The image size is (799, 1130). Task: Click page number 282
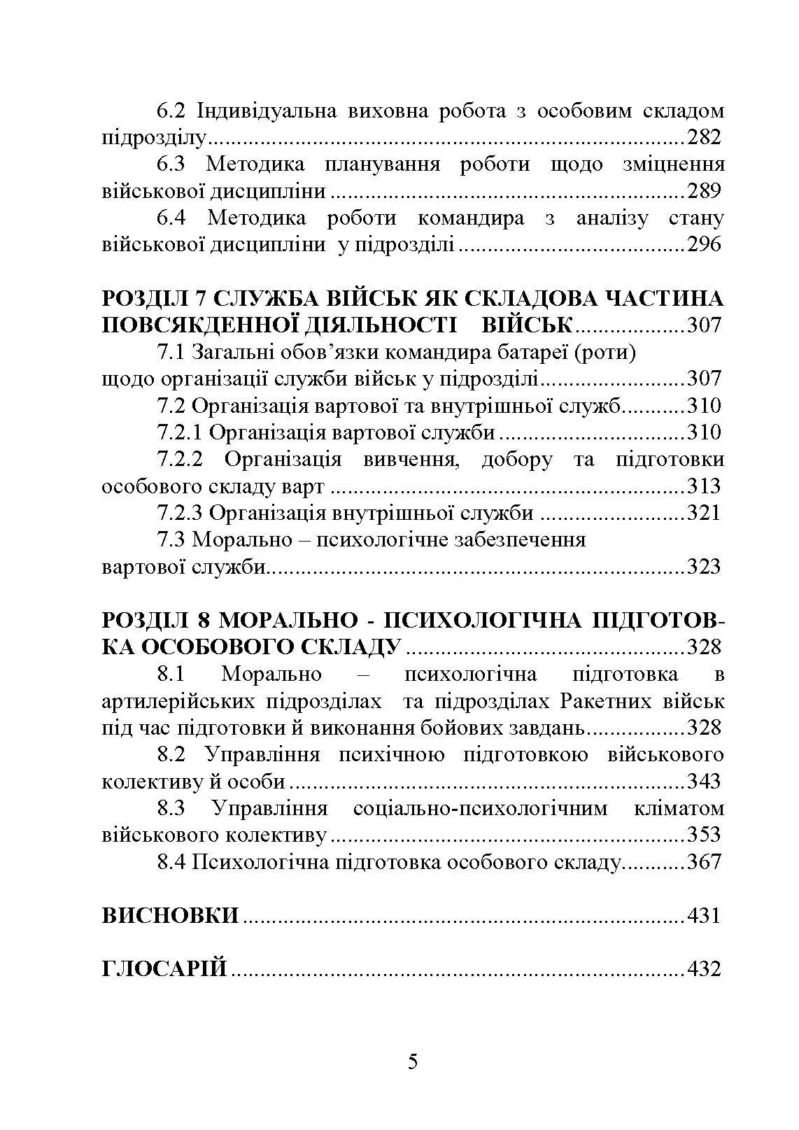(704, 137)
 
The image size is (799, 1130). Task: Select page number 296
(704, 245)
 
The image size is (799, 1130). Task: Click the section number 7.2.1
(180, 432)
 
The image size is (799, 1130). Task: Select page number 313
(704, 486)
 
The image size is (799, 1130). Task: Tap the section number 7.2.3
(180, 513)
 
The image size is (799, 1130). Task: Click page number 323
(704, 567)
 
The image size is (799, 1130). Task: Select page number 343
(704, 782)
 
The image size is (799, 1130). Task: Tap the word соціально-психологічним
(481, 809)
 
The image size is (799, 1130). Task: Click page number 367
(704, 862)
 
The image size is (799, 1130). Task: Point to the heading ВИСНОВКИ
(170, 916)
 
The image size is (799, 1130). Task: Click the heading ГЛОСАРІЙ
(164, 970)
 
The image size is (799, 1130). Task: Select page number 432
(704, 970)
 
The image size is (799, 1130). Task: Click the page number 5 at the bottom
(413, 1062)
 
